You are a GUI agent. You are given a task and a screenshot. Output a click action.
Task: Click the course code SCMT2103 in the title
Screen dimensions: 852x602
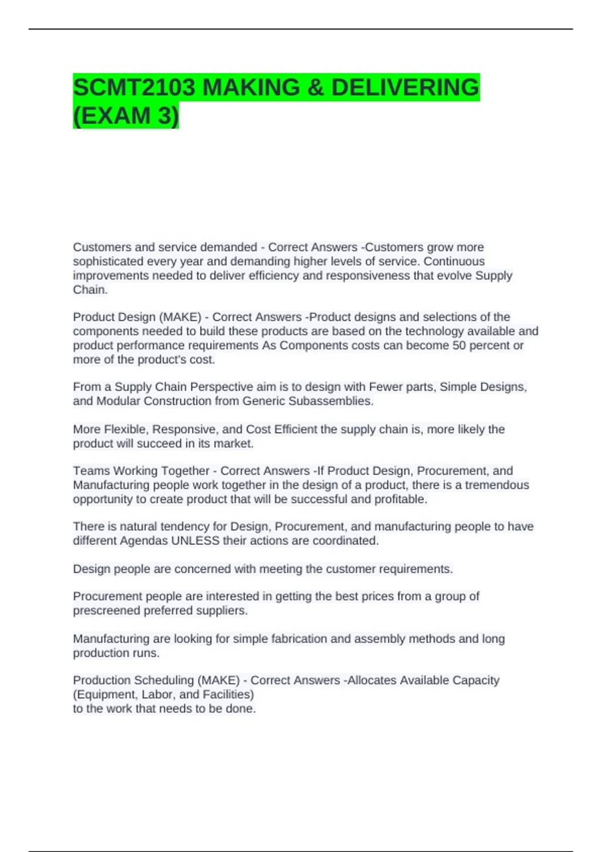[x=134, y=88]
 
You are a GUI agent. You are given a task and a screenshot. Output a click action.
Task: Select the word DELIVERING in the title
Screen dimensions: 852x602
[x=405, y=88]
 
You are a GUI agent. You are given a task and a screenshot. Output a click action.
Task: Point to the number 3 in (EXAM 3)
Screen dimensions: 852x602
[x=165, y=116]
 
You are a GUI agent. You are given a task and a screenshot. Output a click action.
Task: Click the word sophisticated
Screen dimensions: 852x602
[x=107, y=262]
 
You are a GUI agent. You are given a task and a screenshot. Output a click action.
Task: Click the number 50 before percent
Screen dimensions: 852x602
[x=459, y=346]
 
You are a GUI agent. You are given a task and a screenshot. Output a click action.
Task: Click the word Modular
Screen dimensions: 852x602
[x=118, y=401]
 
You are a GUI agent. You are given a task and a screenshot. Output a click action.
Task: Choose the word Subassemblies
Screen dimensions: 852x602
[x=331, y=401]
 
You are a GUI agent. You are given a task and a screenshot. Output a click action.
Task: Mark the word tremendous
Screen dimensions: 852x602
[x=497, y=485]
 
